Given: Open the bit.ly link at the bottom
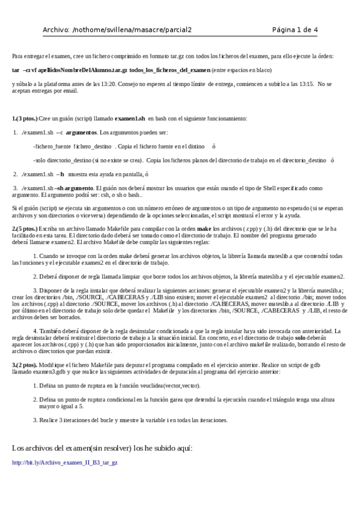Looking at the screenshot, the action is (x=65, y=462).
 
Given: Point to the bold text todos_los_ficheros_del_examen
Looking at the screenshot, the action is (x=169, y=70).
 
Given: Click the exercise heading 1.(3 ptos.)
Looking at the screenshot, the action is (x=25, y=119).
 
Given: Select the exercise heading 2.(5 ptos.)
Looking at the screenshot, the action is (x=25, y=229).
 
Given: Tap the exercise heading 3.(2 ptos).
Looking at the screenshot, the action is (x=25, y=365).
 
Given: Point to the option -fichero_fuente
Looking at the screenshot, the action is (x=52, y=146).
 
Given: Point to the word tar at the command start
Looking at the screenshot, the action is (x=16, y=70).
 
